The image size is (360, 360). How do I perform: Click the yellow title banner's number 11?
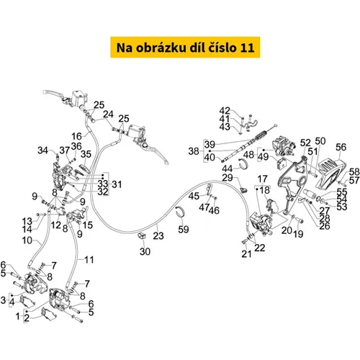[x=247, y=48]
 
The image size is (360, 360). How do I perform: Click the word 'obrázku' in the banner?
[x=161, y=48]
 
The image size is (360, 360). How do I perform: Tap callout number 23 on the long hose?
[x=158, y=235]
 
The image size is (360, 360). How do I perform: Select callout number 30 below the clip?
[x=145, y=251]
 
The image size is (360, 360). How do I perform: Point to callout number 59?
[x=184, y=229]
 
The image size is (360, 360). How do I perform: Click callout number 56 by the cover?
[x=341, y=147]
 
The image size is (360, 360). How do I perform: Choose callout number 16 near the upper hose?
[x=77, y=136]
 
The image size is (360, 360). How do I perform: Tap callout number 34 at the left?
[x=43, y=150]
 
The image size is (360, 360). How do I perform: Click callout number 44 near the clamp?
[x=227, y=168]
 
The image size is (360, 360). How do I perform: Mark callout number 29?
[x=228, y=178]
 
